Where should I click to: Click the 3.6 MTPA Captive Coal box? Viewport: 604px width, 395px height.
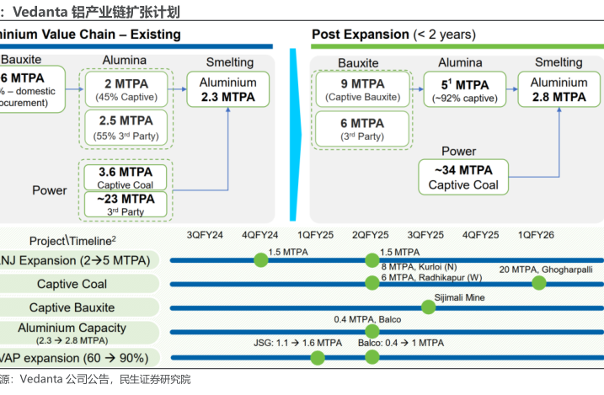[x=126, y=177]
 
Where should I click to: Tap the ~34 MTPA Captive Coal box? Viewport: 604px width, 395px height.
[x=464, y=178]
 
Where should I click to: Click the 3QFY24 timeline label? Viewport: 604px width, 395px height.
[x=205, y=235]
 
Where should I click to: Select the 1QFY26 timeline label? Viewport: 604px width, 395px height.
[x=536, y=235]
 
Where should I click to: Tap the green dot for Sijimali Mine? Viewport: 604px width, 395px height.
[x=428, y=307]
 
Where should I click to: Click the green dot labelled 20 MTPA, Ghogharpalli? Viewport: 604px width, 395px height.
[x=538, y=283]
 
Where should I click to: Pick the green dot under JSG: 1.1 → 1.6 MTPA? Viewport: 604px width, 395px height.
[x=318, y=357]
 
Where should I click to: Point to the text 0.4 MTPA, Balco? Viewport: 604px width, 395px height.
[x=367, y=319]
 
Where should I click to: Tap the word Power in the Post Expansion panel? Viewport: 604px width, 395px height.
[x=459, y=152]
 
